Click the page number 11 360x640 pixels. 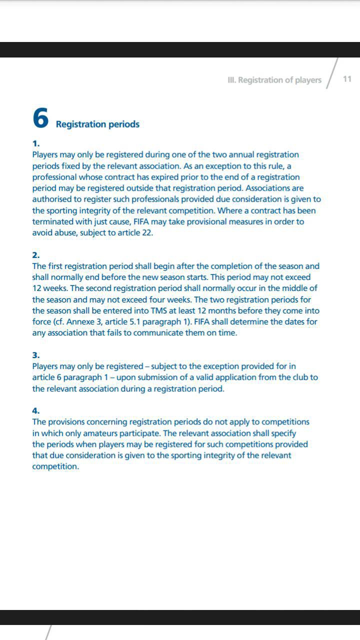[347, 79]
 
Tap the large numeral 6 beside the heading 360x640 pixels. [40, 118]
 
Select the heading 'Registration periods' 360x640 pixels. [97, 124]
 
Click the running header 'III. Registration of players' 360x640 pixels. [274, 80]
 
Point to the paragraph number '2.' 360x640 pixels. [36, 255]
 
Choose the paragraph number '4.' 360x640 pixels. [36, 411]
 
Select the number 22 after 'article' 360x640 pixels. [147, 232]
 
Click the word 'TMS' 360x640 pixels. [161, 310]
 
